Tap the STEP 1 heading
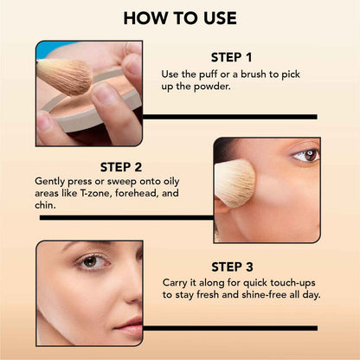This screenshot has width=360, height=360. [229, 58]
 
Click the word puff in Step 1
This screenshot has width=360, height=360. [210, 75]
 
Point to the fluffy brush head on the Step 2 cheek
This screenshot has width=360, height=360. [234, 183]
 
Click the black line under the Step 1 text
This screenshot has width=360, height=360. [229, 116]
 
